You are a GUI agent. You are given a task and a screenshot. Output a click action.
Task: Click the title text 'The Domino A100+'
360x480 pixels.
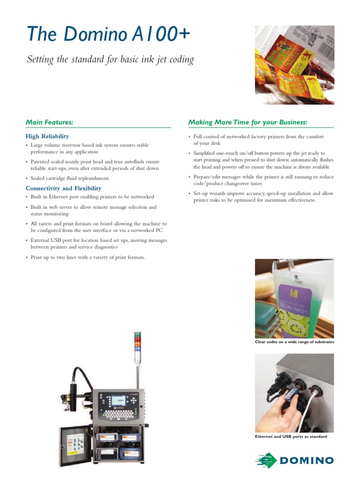[x=108, y=35]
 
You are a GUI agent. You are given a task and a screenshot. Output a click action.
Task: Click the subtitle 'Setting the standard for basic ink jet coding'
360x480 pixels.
[x=110, y=60]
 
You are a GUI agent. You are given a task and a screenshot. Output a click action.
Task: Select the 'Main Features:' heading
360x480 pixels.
[x=49, y=122]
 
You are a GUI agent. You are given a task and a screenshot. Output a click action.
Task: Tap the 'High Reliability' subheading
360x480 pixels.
[x=47, y=136]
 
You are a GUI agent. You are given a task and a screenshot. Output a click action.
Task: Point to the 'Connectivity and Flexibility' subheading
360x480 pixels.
[x=63, y=188]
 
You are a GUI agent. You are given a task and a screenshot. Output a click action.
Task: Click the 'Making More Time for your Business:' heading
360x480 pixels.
[x=247, y=122]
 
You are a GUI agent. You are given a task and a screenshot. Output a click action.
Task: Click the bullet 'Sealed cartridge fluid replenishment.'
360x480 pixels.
[x=70, y=178]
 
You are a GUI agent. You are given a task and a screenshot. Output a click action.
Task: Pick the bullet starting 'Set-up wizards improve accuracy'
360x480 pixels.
[x=263, y=196]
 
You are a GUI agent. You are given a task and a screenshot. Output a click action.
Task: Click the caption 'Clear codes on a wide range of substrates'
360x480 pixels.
[x=294, y=342]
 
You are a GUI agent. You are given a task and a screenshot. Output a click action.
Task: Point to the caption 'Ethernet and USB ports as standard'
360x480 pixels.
[x=291, y=436]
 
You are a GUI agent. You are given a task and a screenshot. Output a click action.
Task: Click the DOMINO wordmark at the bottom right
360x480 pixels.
[x=307, y=460]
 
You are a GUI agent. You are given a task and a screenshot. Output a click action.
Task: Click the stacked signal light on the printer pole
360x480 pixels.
[x=137, y=347]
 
